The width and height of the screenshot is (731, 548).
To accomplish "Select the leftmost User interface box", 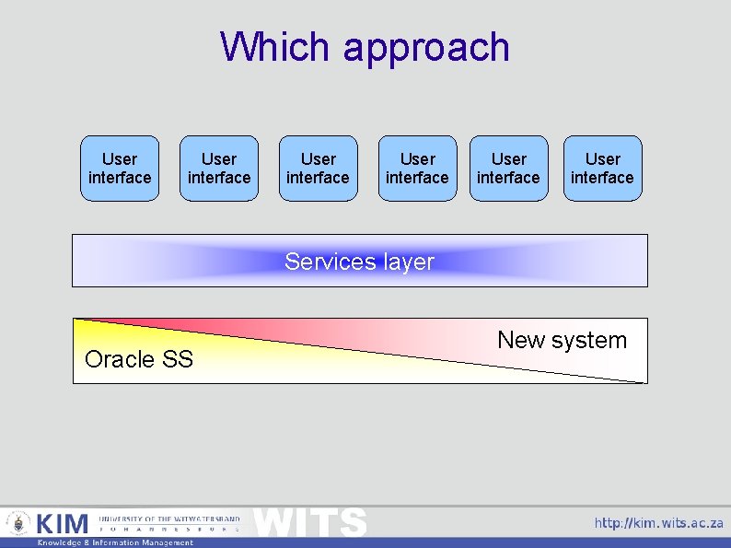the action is coord(120,169).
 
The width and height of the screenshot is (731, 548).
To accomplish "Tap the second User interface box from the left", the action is coord(219,169).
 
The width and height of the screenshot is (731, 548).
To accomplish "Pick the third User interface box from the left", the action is coord(318,169).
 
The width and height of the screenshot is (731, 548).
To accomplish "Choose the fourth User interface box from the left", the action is coord(417,169).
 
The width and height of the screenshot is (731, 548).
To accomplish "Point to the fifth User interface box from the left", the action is coord(508,169).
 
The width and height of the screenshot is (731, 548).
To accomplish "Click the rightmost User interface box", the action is coord(602,169).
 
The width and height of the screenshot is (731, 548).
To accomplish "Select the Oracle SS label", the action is coord(139,359).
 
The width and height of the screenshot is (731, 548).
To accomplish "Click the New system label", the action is coord(562,340).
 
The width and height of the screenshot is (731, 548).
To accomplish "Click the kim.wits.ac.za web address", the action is coord(658,523).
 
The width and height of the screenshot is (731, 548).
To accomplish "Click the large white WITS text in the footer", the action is coord(310,522).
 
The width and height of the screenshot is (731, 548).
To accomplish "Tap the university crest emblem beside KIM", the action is coord(18,524).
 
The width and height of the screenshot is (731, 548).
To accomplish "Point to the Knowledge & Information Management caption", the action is coord(115,542).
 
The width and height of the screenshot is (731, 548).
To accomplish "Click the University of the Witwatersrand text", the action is coord(169,519).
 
